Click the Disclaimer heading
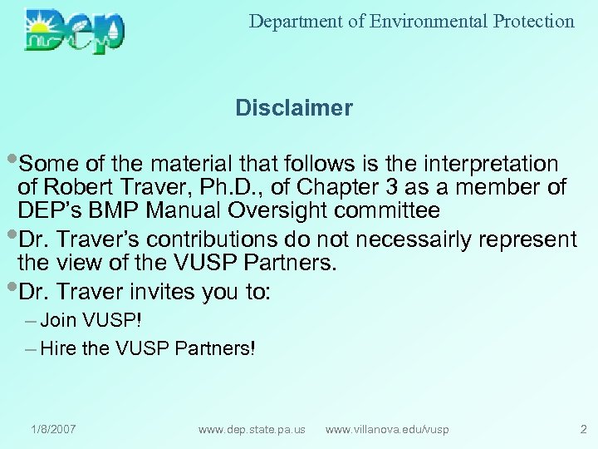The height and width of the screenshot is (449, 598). point(294,108)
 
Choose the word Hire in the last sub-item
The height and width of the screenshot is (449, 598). point(57,349)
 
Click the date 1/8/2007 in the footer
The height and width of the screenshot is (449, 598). point(53,429)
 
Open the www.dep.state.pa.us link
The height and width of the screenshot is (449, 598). point(252,429)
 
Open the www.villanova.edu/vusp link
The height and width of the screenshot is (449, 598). point(387,429)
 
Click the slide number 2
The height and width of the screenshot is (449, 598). point(582,429)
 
